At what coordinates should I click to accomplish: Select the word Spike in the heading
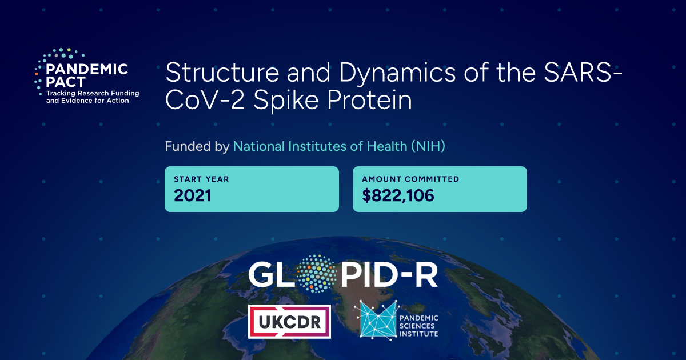pos(286,101)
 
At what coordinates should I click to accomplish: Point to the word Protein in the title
pos(370,100)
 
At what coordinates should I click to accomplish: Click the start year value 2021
pos(193,195)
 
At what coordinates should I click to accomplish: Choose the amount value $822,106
pos(398,195)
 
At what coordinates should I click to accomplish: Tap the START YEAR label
pos(201,179)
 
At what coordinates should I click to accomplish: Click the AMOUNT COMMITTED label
pos(410,179)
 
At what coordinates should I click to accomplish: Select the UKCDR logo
pos(289,321)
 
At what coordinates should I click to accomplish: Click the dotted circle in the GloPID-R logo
pos(317,274)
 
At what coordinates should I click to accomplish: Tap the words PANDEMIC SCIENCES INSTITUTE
pos(418,326)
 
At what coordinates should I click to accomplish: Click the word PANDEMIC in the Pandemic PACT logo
pos(87,69)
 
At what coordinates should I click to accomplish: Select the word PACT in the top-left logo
pos(66,82)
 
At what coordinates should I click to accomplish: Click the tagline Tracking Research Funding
pos(93,93)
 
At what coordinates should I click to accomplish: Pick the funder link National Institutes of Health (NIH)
pos(339,146)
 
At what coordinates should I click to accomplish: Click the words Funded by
pos(197,146)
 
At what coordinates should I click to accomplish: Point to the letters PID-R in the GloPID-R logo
pos(389,274)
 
